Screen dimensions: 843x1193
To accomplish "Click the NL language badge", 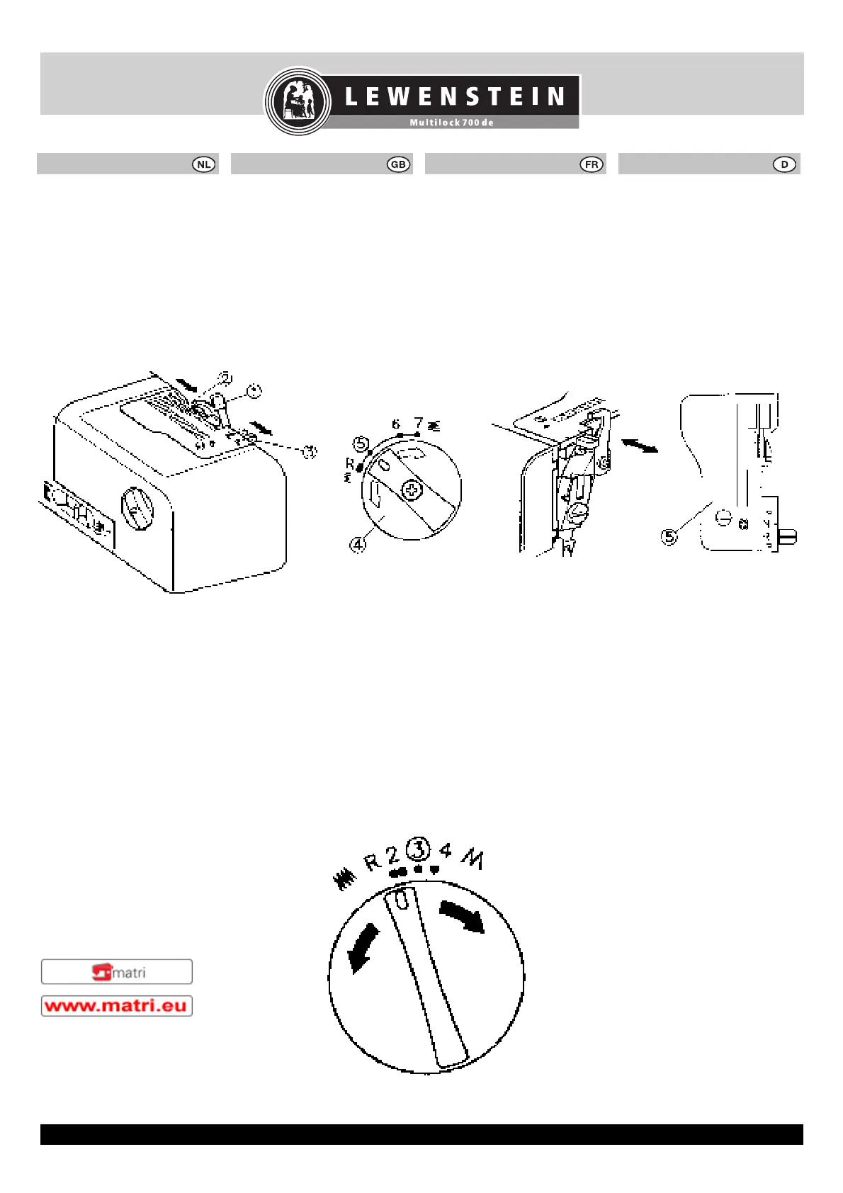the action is [204, 164].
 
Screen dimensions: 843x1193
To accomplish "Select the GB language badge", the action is [398, 164].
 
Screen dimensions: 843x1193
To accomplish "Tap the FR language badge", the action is [592, 164].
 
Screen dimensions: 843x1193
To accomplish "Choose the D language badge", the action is [784, 164].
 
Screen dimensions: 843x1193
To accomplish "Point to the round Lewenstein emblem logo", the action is [298, 101].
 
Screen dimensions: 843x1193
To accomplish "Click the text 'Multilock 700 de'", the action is [451, 123].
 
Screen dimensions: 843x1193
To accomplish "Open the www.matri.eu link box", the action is [117, 1006].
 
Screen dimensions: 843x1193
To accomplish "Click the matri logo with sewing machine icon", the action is [117, 972].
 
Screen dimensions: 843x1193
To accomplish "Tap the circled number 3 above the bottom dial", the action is [419, 848].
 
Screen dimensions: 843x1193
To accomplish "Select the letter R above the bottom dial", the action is [373, 862].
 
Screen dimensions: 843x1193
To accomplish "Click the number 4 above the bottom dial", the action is [446, 849].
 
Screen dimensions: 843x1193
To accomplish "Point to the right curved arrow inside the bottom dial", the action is [463, 916].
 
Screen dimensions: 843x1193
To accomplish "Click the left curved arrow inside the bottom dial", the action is [363, 950].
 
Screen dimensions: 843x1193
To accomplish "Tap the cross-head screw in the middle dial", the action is [412, 490].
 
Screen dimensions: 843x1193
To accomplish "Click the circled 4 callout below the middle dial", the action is [358, 545].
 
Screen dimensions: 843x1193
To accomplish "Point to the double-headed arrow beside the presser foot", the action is [639, 445].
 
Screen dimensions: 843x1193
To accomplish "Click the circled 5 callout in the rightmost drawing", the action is [669, 536].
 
